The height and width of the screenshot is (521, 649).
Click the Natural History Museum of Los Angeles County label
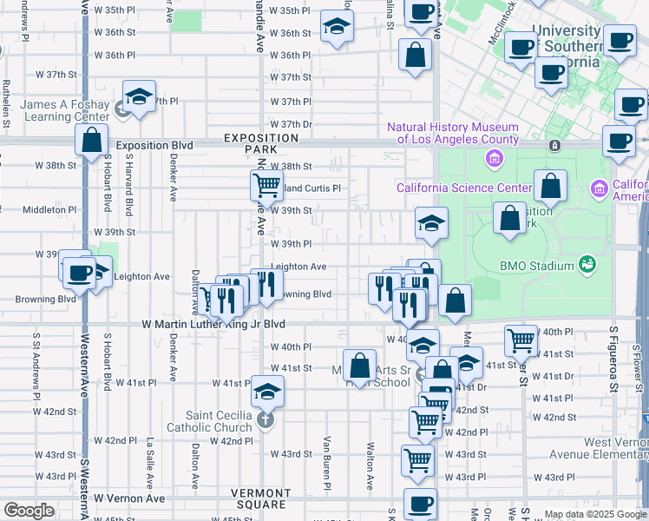coord(452,133)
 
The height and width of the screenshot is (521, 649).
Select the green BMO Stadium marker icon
coord(587,264)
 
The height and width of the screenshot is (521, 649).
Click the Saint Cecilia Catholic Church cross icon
coord(265,422)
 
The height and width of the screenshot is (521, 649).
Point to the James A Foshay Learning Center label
coord(65,110)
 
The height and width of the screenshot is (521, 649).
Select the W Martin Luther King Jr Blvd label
coord(213,324)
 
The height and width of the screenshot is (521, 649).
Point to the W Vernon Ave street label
coord(129,498)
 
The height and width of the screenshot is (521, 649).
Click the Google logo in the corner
coord(29,511)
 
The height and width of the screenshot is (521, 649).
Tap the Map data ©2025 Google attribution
coord(595,514)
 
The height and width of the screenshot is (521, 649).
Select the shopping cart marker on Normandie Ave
coord(265,184)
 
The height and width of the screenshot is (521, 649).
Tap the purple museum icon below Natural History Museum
coord(494,159)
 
